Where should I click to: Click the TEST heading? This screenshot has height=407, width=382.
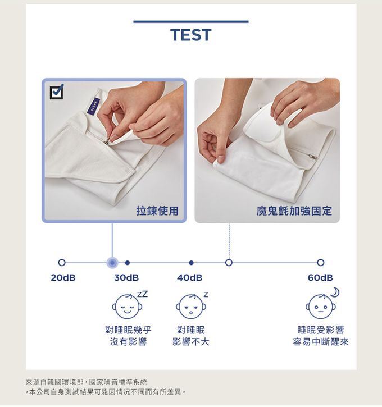click(x=190, y=35)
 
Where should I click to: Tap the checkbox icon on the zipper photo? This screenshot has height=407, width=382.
click(x=57, y=92)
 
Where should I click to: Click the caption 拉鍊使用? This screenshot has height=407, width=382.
click(x=157, y=211)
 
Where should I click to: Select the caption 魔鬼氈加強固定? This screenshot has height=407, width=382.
click(x=294, y=211)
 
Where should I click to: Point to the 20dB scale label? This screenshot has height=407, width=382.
click(x=63, y=278)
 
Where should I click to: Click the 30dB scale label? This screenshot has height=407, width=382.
click(x=126, y=278)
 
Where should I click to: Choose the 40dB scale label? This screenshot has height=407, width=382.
click(x=190, y=278)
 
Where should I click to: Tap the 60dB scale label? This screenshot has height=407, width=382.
click(x=320, y=278)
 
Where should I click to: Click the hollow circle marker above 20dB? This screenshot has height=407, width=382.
click(x=62, y=262)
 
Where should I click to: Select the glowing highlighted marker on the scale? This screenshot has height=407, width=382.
click(x=112, y=263)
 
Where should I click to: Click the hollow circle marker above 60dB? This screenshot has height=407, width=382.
click(x=321, y=262)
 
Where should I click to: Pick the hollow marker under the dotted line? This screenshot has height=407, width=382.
click(x=229, y=262)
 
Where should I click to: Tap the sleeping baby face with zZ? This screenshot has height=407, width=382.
click(x=128, y=307)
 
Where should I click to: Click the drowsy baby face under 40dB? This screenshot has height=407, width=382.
click(x=191, y=307)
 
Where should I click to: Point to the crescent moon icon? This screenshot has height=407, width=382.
click(x=335, y=292)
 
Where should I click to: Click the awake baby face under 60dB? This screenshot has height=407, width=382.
click(x=320, y=307)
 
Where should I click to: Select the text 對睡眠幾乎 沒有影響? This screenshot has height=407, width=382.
click(x=128, y=336)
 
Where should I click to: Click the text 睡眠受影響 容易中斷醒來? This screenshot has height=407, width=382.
click(x=320, y=336)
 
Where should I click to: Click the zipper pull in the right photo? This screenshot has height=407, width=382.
click(x=312, y=156)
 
